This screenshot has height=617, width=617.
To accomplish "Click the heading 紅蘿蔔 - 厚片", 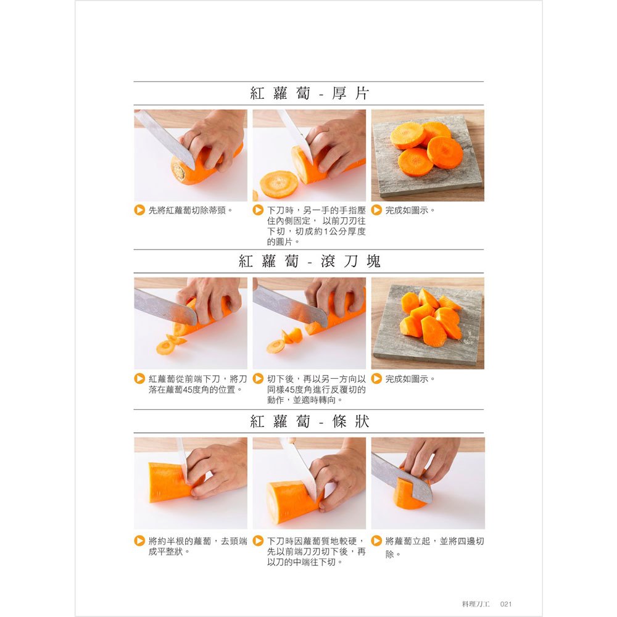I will coord(309,94).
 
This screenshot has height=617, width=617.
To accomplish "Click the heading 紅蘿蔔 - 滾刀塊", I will coord(309,261).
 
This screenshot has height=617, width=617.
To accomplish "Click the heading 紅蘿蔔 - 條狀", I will coord(309,422).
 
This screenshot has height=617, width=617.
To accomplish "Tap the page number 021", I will coord(506,604).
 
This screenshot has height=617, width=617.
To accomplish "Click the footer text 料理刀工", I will coord(476,604).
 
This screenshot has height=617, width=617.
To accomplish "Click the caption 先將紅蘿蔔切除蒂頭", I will coord(191,210).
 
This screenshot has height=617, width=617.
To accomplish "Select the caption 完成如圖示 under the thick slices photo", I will coord(410,210).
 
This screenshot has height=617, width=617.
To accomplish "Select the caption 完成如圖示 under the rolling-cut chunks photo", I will coord(410,378).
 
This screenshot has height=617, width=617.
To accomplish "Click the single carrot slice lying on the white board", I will coord(279,183).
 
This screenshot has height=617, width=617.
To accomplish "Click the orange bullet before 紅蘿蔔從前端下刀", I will coord(140,378).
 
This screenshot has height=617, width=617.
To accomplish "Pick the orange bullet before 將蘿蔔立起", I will coord(377,541).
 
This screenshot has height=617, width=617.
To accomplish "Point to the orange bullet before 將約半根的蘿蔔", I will coord(140,541).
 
